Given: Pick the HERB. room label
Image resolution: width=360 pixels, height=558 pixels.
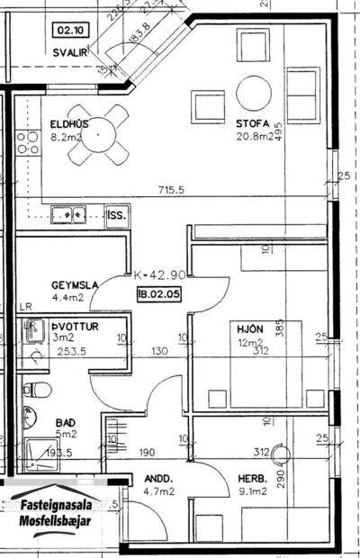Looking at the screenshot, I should [x=250, y=479].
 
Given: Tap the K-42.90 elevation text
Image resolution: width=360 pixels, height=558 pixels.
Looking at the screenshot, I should [x=159, y=275].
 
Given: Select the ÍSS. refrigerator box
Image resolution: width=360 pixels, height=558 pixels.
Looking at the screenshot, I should [x=117, y=216].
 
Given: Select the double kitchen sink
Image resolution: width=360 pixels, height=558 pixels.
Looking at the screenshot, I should [x=67, y=215].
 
